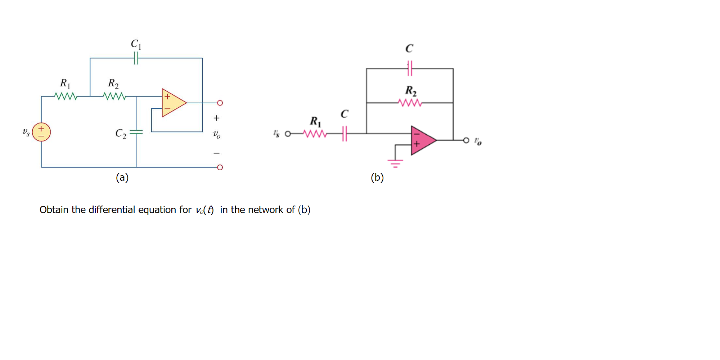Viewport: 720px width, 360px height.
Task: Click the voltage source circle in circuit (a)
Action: click(x=41, y=132)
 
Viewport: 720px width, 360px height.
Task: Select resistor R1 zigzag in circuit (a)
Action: click(x=66, y=96)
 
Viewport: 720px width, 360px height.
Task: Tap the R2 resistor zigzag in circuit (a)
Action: click(x=114, y=96)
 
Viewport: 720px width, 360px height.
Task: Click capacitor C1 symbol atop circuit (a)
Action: click(x=136, y=58)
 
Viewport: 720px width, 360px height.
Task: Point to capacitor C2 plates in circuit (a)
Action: click(x=136, y=132)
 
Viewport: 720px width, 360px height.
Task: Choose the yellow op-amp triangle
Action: click(x=173, y=103)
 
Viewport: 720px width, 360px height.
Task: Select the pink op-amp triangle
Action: click(x=422, y=140)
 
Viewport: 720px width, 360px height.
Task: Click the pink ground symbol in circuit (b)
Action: click(x=395, y=163)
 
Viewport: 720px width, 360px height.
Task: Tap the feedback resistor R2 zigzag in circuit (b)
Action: click(x=410, y=103)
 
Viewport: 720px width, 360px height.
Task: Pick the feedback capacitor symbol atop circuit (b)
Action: click(x=410, y=68)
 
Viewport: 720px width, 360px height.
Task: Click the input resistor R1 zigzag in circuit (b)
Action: click(x=315, y=134)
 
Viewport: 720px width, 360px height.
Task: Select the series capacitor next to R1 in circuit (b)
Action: click(x=345, y=134)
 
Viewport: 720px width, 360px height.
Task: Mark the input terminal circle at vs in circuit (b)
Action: click(x=288, y=134)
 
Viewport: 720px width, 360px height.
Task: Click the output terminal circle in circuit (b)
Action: click(x=466, y=140)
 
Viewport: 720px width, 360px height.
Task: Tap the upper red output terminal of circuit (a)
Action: click(x=220, y=103)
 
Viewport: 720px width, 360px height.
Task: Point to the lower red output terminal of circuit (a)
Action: click(x=220, y=167)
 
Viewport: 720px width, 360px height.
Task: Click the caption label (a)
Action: click(x=122, y=177)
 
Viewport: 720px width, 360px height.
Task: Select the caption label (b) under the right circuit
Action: click(x=377, y=177)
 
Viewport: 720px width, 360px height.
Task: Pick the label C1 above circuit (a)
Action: click(x=136, y=44)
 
